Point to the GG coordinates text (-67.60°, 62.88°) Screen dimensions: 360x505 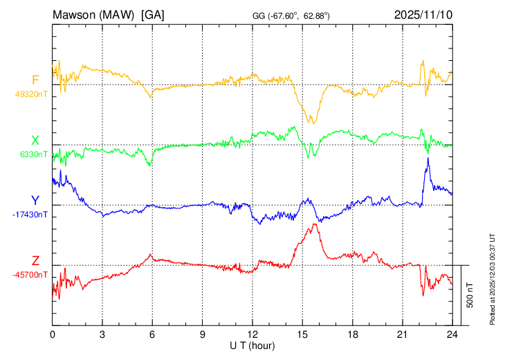(291, 15)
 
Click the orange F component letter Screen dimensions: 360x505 (35, 80)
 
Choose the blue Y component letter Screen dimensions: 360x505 (35, 201)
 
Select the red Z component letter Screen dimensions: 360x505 (35, 261)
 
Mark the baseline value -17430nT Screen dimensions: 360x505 (30, 215)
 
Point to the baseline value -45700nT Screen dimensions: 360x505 (30, 275)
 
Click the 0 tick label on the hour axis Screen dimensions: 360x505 (53, 334)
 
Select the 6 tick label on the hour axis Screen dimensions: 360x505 (152, 334)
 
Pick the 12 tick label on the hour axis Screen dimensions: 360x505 (252, 334)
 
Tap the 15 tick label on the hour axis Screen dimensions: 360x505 (302, 334)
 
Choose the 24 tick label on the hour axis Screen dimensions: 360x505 (452, 334)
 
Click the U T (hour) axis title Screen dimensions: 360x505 (252, 345)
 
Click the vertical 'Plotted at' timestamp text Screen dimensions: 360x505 (493, 278)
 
